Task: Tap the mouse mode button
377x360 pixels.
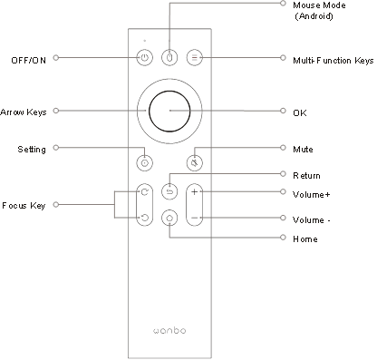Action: point(169,57)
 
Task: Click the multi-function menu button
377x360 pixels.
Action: point(195,57)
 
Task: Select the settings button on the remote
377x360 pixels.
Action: point(145,163)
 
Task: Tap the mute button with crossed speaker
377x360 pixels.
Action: point(195,163)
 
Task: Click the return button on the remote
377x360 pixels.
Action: point(169,191)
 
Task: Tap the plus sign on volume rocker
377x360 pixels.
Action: point(195,191)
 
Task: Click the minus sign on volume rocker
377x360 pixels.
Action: point(195,218)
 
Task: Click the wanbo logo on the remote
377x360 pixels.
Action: point(169,330)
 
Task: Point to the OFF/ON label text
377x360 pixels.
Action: point(29,61)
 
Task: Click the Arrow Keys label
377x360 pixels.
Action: point(24,112)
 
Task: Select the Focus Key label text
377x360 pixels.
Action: point(24,206)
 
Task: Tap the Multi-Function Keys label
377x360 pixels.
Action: point(333,61)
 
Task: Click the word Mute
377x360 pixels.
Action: point(303,150)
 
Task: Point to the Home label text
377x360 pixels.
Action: point(305,239)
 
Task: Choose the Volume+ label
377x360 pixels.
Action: point(311,194)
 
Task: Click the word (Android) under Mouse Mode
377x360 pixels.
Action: point(314,16)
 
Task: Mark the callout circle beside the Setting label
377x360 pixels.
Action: point(56,148)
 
